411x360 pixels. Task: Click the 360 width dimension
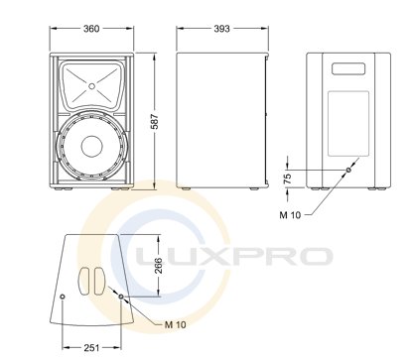click(91, 29)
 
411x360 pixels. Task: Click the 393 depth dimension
click(221, 29)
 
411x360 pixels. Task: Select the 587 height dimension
click(155, 121)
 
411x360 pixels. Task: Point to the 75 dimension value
click(288, 179)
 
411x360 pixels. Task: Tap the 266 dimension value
click(159, 266)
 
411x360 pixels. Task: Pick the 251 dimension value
click(91, 348)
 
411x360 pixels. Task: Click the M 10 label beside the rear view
click(290, 215)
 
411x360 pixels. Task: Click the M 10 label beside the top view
click(175, 324)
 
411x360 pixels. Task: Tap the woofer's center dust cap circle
click(92, 146)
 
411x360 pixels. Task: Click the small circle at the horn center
click(91, 86)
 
